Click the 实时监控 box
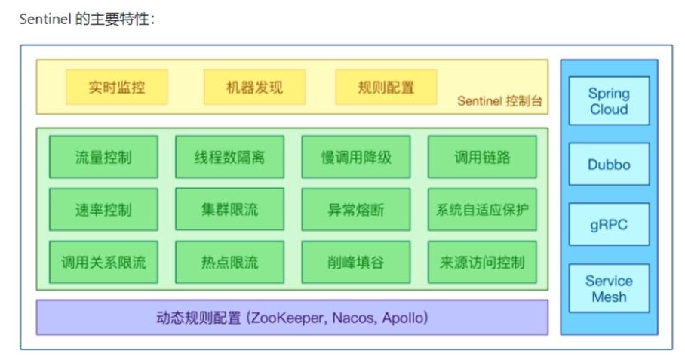[117, 87]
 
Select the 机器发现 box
[255, 87]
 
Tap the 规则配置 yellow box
[386, 87]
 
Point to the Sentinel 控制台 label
[499, 101]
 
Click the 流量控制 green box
[103, 157]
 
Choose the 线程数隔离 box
[230, 157]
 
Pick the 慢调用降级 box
[356, 157]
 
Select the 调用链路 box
[482, 157]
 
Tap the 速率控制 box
[103, 209]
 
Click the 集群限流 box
[230, 209]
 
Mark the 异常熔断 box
[356, 209]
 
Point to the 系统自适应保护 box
[482, 209]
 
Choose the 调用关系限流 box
[103, 262]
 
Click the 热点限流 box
[230, 262]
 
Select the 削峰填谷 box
[356, 262]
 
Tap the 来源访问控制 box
[482, 262]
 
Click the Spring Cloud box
[609, 101]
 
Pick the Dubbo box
[609, 165]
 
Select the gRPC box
[609, 225]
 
